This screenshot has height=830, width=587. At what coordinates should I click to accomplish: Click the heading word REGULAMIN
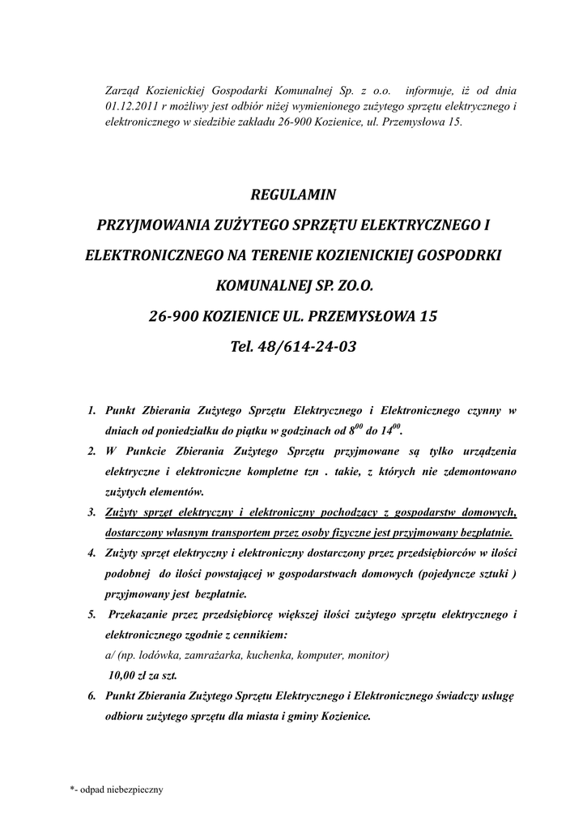click(293, 195)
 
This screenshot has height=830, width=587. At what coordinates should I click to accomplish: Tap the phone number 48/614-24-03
click(306, 346)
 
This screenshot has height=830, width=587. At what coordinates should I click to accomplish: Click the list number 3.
click(91, 512)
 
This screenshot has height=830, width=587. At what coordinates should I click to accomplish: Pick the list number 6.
click(91, 695)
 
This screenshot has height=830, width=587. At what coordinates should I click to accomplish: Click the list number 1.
click(91, 410)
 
